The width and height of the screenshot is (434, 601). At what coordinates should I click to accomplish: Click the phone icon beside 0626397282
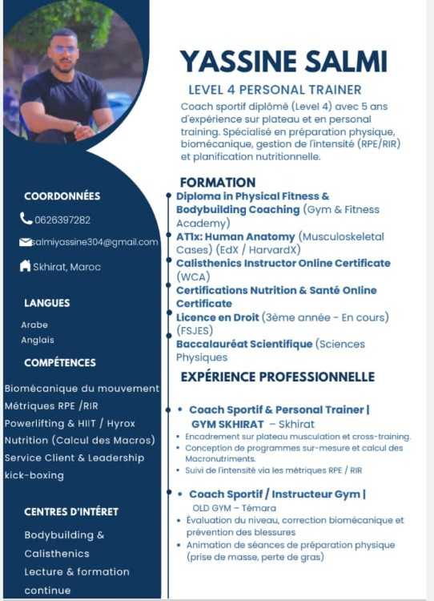coord(26,219)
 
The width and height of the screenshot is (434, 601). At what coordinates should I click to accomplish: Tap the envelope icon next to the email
coord(26,242)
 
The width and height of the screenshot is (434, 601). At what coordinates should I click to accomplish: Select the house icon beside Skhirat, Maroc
coord(26,265)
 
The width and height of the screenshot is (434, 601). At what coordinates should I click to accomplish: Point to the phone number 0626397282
coord(62,220)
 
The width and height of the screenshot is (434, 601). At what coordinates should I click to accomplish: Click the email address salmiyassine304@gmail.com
coord(95,242)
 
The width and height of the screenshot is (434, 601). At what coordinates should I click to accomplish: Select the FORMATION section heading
coord(218,183)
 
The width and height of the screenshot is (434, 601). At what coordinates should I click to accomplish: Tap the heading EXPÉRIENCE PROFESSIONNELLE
coord(278,377)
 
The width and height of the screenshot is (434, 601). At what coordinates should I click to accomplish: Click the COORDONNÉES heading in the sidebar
coord(62,196)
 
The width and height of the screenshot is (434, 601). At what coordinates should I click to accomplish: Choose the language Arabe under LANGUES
coord(34,325)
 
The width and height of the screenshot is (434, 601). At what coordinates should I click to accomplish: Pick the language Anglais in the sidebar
coord(38,340)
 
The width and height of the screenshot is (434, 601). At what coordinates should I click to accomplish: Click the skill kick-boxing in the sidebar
coord(34,475)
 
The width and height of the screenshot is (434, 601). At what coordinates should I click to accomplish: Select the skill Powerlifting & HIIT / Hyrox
coord(70,424)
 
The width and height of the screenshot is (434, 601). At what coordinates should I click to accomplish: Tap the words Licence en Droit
coord(217,317)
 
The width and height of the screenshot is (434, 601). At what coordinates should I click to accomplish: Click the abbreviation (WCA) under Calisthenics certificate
coord(194,276)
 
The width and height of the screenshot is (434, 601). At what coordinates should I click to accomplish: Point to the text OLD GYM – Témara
coord(234,508)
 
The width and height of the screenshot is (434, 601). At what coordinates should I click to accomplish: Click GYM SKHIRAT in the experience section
coord(227,424)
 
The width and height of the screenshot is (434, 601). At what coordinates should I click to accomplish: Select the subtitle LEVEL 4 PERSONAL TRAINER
coord(275,90)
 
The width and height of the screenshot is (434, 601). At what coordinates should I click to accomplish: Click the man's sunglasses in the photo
coord(63,50)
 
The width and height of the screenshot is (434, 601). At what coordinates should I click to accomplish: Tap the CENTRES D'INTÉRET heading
coord(71,512)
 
